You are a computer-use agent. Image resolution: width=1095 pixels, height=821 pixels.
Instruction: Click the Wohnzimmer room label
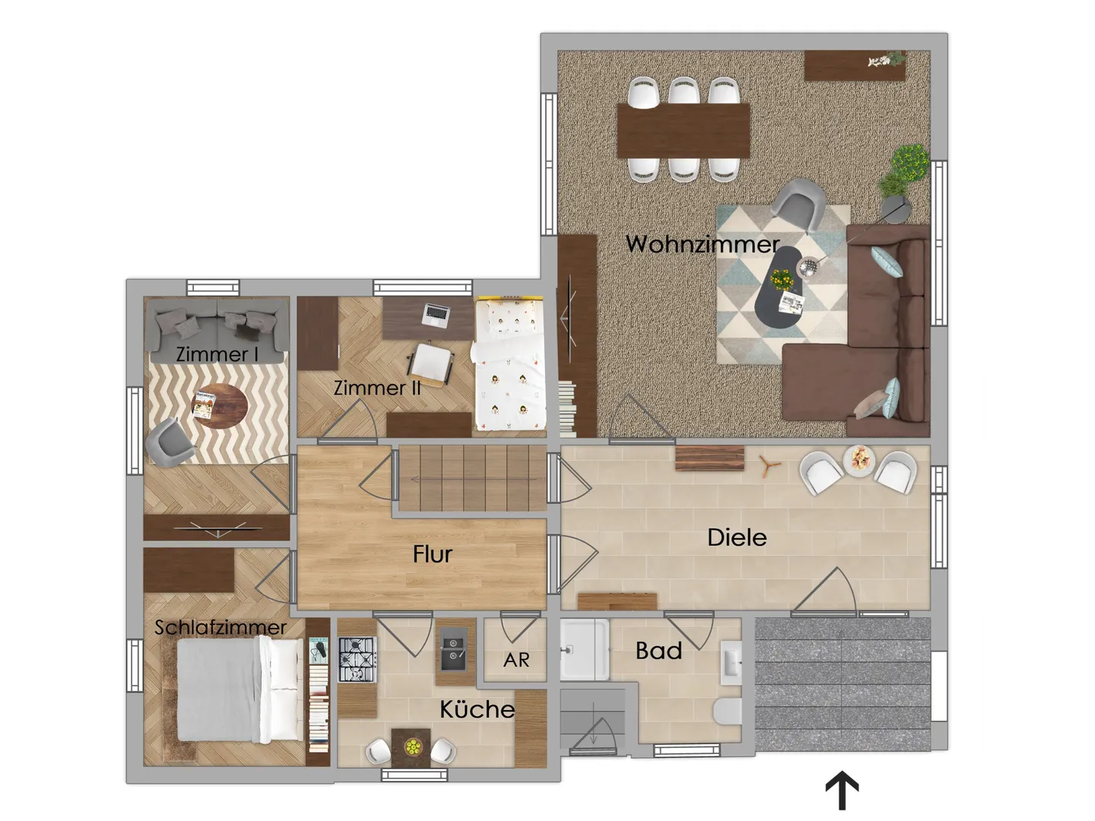click(x=702, y=244)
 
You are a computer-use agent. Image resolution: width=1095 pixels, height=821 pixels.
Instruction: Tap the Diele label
click(x=737, y=537)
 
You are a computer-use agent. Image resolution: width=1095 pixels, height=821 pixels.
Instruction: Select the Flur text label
click(x=432, y=554)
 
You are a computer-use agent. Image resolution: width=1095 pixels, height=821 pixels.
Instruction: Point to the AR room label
click(x=516, y=660)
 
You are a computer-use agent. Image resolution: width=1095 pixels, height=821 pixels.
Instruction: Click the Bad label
click(x=659, y=651)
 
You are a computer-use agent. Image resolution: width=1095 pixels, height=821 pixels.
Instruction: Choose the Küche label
click(x=477, y=708)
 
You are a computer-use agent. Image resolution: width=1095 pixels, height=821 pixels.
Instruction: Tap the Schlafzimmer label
click(x=221, y=627)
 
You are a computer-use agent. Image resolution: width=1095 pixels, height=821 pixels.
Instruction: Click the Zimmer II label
click(x=377, y=388)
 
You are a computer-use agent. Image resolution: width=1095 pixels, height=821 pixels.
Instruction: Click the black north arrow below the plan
click(x=842, y=790)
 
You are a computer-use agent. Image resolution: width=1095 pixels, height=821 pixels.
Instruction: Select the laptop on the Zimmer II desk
click(x=436, y=315)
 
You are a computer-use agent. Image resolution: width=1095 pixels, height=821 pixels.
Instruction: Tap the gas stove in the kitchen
click(x=357, y=659)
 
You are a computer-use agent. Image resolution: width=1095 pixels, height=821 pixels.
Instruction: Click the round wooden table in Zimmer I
click(x=220, y=404)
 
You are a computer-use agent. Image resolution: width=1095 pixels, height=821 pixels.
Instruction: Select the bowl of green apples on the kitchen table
click(x=413, y=747)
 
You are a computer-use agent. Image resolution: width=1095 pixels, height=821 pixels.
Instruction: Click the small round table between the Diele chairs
click(x=859, y=461)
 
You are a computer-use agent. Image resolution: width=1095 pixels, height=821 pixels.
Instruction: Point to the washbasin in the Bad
click(x=731, y=663)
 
